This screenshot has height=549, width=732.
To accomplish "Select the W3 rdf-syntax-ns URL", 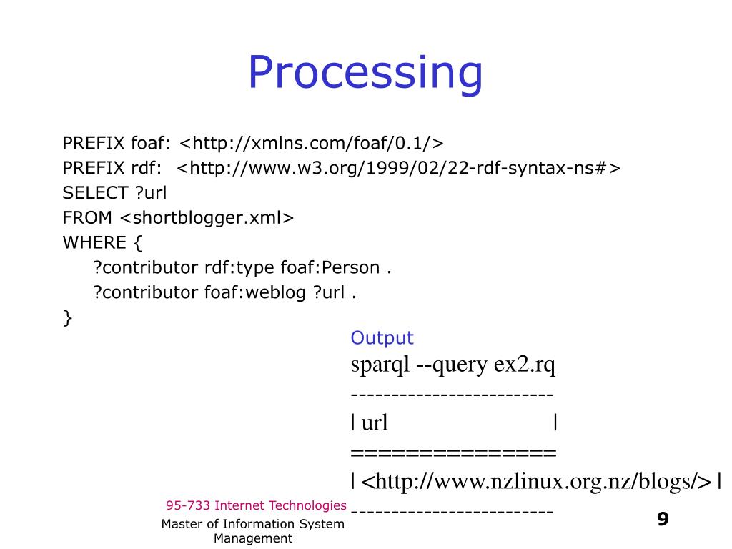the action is click(399, 168).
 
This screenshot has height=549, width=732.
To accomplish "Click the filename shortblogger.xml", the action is click(207, 218).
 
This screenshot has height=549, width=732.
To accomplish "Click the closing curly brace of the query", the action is click(68, 318).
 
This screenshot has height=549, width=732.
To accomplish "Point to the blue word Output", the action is click(382, 338).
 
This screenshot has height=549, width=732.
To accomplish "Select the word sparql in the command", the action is click(379, 365).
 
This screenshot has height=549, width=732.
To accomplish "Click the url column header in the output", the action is click(375, 423).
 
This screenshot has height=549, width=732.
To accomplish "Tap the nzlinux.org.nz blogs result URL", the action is click(536, 481).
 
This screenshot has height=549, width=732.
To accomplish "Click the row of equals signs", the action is click(453, 452).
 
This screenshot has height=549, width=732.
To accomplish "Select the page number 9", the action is click(663, 519).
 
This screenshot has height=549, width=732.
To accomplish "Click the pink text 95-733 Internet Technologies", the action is click(256, 505).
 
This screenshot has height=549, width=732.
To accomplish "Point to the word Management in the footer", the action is click(253, 538).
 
